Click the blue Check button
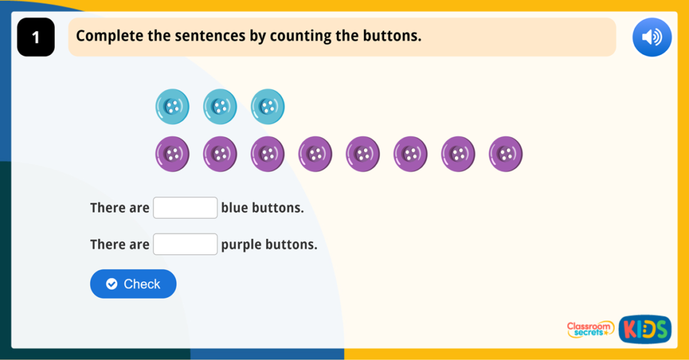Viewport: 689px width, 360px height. tap(133, 284)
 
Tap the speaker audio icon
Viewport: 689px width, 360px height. tap(651, 37)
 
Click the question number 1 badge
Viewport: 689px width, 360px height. tap(36, 38)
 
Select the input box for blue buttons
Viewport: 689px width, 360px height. tap(185, 208)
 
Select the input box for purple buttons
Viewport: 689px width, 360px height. tap(185, 244)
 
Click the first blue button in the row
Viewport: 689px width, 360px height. tap(172, 106)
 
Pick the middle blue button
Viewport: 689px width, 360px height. tap(220, 106)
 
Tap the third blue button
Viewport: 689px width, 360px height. tap(268, 106)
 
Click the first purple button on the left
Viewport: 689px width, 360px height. tap(172, 154)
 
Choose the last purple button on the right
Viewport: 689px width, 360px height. tap(505, 154)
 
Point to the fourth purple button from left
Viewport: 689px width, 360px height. tap(316, 154)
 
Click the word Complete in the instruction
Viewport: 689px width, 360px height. tap(109, 36)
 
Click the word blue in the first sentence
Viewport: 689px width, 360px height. tap(235, 208)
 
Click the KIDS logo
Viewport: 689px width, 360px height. tap(645, 329)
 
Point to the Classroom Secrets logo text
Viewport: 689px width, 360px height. tap(590, 329)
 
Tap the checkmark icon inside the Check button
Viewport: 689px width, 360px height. tap(112, 284)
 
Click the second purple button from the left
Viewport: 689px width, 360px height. tap(220, 154)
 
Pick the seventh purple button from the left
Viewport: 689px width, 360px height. tap(458, 154)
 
